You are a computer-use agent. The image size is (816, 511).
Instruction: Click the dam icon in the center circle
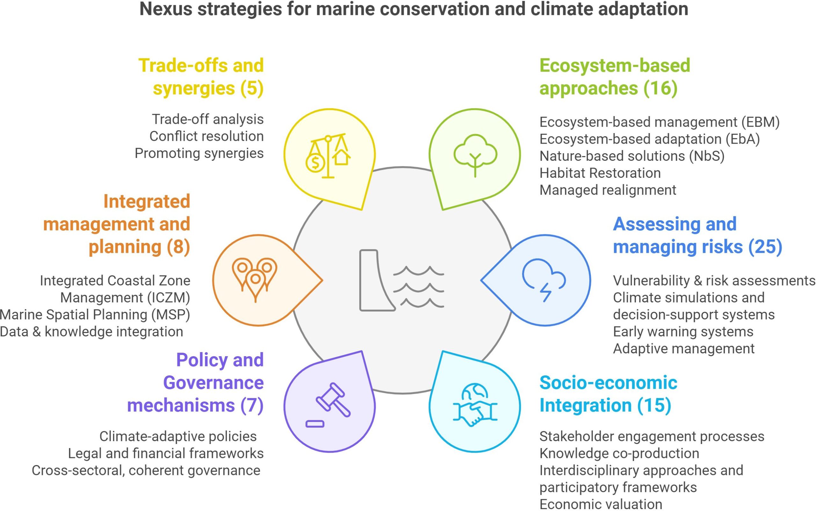(377, 280)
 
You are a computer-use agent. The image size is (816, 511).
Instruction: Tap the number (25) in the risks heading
(765, 247)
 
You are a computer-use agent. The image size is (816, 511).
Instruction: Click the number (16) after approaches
(660, 88)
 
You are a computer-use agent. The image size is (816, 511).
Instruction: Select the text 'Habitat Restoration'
(600, 173)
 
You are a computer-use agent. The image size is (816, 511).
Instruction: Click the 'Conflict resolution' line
(207, 136)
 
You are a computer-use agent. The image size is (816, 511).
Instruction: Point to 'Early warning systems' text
(683, 332)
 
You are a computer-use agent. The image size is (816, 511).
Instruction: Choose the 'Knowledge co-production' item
(619, 454)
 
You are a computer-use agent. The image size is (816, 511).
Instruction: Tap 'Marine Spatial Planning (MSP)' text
(95, 315)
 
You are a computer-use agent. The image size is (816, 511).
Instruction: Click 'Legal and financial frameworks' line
(166, 454)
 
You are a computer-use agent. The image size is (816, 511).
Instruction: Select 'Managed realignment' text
(608, 190)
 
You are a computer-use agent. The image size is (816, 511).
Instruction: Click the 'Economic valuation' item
(601, 504)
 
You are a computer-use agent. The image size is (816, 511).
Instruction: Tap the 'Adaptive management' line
(684, 349)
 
